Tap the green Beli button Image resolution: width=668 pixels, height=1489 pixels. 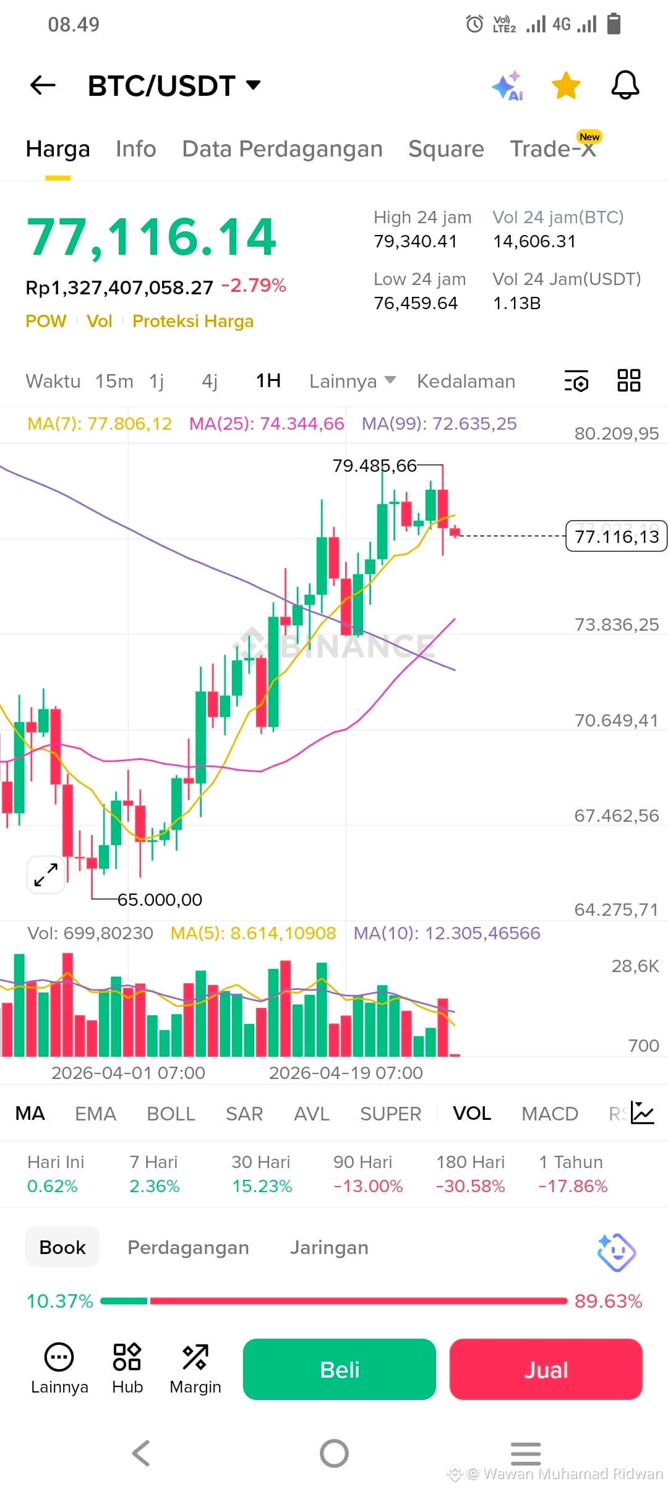click(x=340, y=1370)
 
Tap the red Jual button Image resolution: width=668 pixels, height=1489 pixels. click(x=546, y=1370)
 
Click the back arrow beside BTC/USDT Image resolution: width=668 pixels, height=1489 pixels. click(x=43, y=85)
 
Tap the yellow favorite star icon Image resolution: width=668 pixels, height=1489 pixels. click(x=566, y=85)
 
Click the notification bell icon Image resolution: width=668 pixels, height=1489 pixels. click(x=625, y=85)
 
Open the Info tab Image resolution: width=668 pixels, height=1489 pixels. click(x=136, y=149)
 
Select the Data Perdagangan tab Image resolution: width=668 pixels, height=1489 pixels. click(x=283, y=149)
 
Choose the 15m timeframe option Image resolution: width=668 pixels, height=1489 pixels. click(x=114, y=381)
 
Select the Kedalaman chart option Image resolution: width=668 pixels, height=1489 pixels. click(x=466, y=381)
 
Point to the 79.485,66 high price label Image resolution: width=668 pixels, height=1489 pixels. click(x=375, y=466)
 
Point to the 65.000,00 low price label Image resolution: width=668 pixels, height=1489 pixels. click(x=160, y=900)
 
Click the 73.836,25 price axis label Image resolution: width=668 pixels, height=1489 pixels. click(x=617, y=625)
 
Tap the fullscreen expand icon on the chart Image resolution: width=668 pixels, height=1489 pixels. click(x=46, y=875)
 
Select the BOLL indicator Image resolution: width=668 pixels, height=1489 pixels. click(x=171, y=1114)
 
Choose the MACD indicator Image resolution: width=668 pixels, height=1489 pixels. click(x=550, y=1114)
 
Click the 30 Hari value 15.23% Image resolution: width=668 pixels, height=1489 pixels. click(x=262, y=1186)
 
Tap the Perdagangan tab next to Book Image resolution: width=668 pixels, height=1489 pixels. click(x=189, y=1248)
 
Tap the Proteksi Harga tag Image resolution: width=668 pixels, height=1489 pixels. click(x=193, y=322)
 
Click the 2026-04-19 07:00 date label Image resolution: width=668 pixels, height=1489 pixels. click(x=346, y=1073)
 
